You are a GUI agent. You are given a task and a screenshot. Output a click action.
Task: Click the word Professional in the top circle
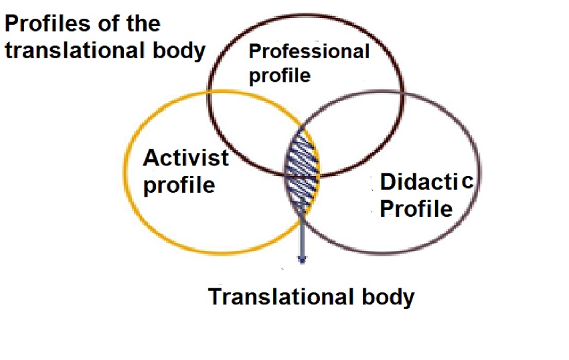[309, 52]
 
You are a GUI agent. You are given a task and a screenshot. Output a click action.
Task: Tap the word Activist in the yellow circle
[185, 159]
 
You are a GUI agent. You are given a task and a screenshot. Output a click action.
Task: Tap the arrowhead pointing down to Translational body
[302, 258]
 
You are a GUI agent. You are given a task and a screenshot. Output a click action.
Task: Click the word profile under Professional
[280, 75]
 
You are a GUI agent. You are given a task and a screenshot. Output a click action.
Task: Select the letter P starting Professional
[254, 52]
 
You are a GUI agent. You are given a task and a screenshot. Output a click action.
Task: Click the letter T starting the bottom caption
[214, 296]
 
